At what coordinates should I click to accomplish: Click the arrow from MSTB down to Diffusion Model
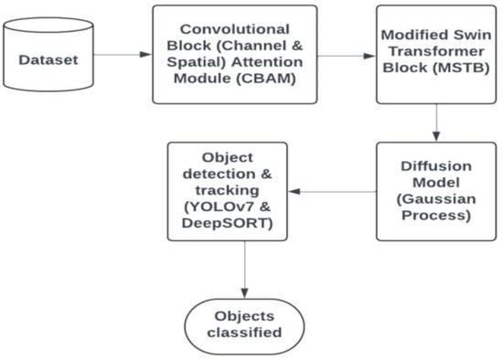tap(436, 120)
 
